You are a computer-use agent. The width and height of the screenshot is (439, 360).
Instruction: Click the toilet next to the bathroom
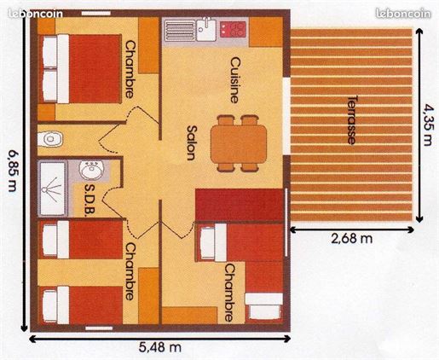click(x=49, y=139)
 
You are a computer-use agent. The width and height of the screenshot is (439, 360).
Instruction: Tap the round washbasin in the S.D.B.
click(x=92, y=170)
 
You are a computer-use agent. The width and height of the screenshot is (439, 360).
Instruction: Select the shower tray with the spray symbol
click(x=53, y=188)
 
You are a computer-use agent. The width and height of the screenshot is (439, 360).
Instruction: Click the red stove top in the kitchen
click(x=233, y=30)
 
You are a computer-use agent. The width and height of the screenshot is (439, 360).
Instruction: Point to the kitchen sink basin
click(x=206, y=29)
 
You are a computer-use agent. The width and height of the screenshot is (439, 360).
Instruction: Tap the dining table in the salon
click(x=239, y=144)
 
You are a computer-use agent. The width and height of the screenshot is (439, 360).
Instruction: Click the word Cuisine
click(x=234, y=80)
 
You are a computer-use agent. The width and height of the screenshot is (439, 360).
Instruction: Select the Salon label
click(x=192, y=142)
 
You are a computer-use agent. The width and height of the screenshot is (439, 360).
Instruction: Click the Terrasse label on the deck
click(x=352, y=119)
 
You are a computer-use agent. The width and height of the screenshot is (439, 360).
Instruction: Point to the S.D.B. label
click(x=90, y=200)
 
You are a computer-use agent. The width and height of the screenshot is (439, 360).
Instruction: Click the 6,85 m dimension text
click(x=12, y=171)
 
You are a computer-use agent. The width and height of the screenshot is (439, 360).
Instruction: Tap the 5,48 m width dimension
click(x=160, y=347)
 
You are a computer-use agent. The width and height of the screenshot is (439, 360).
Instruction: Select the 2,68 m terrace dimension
click(x=352, y=238)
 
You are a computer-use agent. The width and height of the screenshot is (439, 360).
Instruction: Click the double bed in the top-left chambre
click(x=80, y=68)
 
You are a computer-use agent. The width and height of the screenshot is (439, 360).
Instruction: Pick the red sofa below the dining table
click(x=240, y=205)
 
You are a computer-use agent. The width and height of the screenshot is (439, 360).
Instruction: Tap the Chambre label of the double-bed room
click(x=130, y=69)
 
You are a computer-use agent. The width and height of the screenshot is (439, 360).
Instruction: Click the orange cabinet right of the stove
click(x=266, y=32)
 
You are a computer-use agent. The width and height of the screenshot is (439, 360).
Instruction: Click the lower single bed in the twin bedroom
click(x=81, y=305)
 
